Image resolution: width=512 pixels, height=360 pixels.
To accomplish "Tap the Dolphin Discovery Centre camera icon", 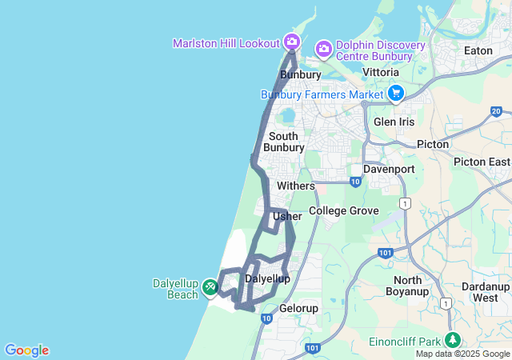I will [323, 50].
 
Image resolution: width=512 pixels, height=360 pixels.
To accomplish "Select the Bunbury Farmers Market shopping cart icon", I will [394, 94].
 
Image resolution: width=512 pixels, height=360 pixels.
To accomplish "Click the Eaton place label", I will [478, 50].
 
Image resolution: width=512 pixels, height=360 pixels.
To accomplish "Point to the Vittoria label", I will [381, 72].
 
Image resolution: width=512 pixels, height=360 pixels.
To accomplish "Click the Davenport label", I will [389, 170].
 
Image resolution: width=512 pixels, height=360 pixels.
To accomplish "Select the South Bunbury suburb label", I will [286, 142].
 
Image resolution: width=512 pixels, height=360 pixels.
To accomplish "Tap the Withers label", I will [296, 186].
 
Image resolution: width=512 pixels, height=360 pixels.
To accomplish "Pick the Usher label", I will [287, 217].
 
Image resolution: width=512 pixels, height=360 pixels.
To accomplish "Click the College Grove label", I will [343, 210].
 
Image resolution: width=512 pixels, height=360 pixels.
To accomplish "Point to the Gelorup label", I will [299, 308].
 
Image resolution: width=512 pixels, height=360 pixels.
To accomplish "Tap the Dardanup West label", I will [486, 292].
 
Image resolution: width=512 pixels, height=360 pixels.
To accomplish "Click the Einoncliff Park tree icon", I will [454, 339].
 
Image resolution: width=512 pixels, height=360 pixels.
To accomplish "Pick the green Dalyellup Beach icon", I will [210, 286].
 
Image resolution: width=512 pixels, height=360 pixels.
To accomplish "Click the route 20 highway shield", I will [497, 111].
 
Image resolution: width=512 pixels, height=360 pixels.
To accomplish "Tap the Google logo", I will [26, 350].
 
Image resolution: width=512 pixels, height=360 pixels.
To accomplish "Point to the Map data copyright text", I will [462, 354].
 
